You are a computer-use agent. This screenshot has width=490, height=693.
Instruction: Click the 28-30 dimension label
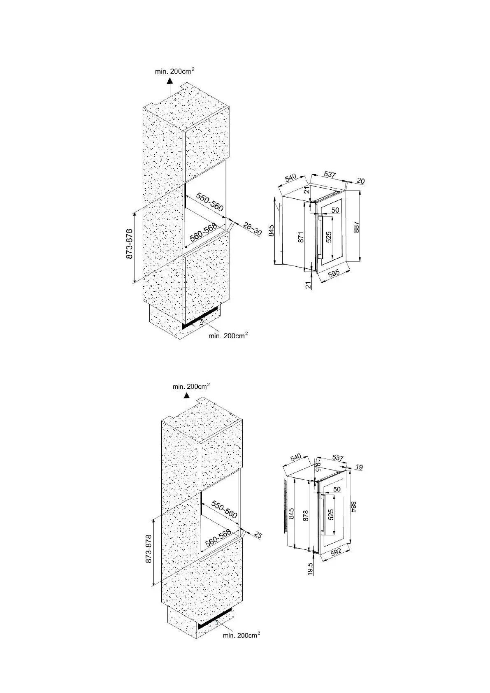(252, 229)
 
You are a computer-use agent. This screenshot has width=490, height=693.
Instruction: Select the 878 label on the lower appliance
(305, 516)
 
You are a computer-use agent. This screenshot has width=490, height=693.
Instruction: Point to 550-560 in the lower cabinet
(225, 509)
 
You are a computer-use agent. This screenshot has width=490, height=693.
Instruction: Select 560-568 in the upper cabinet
(203, 234)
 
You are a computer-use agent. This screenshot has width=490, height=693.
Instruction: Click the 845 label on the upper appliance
(272, 232)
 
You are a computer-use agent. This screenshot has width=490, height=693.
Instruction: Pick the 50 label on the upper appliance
(335, 210)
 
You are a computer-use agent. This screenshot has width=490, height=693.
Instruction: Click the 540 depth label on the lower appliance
(295, 458)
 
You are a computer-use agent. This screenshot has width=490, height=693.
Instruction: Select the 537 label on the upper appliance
(330, 175)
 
